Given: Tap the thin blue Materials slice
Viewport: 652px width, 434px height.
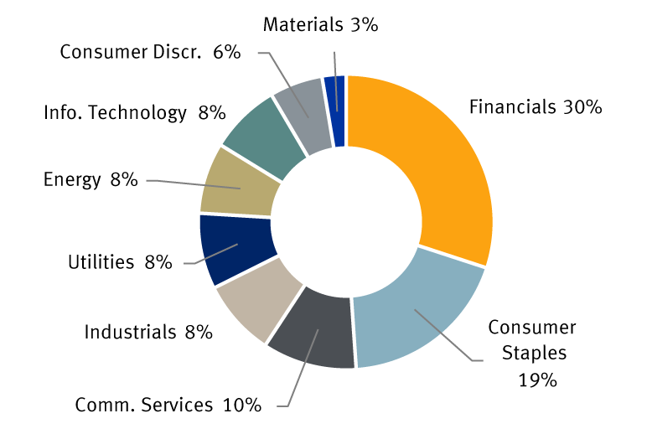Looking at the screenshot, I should click(337, 109).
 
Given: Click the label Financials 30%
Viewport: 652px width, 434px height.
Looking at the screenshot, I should click(536, 107).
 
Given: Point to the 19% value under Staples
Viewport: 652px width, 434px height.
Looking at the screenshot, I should click(537, 380).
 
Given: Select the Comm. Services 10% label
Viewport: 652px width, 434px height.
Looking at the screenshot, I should click(168, 406).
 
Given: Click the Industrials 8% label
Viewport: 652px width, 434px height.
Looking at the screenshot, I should click(148, 332).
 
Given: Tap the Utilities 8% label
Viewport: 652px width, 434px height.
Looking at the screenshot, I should click(120, 262).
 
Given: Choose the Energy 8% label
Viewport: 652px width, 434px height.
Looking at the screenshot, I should click(90, 179).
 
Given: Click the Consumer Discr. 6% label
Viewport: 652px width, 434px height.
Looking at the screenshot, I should click(150, 52).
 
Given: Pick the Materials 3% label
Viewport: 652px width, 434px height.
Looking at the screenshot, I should click(320, 24).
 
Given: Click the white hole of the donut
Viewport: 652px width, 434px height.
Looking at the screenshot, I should click(345, 222).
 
